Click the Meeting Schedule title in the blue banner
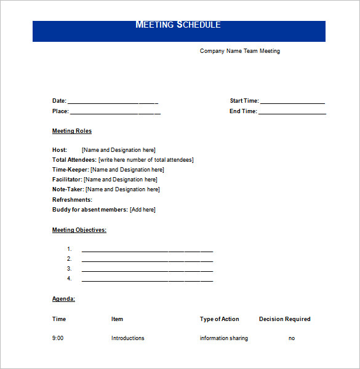(178, 25)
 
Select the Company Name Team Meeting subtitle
(239, 51)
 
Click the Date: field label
(59, 101)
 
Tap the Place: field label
(60, 111)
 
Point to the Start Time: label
(244, 101)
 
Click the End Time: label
(243, 111)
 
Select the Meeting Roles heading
(72, 131)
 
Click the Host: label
(60, 149)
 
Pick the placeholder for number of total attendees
(146, 160)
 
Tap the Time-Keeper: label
(71, 170)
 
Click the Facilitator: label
(67, 180)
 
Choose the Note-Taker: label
(68, 189)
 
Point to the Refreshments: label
(72, 200)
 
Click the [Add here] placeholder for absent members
(143, 210)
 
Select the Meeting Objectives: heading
(79, 230)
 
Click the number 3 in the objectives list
(70, 269)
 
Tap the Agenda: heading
(63, 298)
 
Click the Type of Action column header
(219, 319)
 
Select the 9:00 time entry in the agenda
(58, 338)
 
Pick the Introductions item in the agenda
(127, 338)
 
